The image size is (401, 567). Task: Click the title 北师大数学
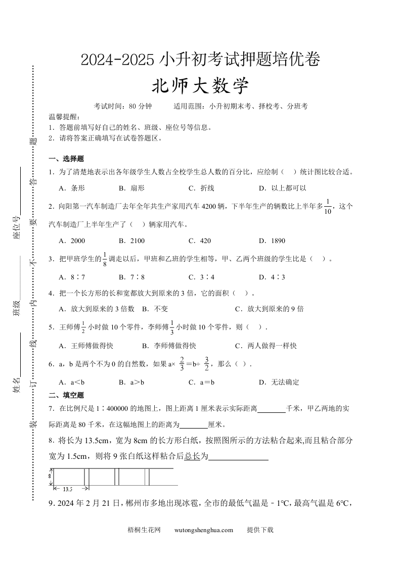pyautogui.click(x=201, y=85)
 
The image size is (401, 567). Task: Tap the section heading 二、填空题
pyautogui.click(x=66, y=395)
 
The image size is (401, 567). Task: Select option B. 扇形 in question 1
pyautogui.click(x=131, y=188)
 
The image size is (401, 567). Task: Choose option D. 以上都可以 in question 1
pyautogui.click(x=282, y=188)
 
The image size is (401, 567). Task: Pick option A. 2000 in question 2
pyautogui.click(x=72, y=241)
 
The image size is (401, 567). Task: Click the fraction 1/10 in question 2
pyautogui.click(x=328, y=206)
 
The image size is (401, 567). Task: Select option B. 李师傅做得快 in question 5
pyautogui.click(x=169, y=346)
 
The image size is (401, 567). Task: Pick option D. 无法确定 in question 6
pyautogui.click(x=279, y=382)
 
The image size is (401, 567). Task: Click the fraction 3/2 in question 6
pyautogui.click(x=206, y=364)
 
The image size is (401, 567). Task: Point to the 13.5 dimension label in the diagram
pyautogui.click(x=68, y=489)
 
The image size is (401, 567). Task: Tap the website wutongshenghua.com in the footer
pyautogui.click(x=203, y=530)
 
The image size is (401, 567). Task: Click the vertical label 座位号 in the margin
pyautogui.click(x=17, y=227)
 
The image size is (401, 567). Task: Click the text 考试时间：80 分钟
pyautogui.click(x=122, y=106)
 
